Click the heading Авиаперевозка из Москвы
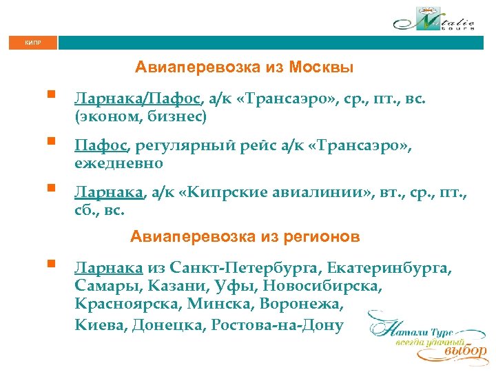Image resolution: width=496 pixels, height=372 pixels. click(245, 68)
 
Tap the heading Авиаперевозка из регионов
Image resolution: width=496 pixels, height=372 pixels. click(245, 238)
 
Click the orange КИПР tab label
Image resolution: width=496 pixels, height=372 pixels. click(32, 43)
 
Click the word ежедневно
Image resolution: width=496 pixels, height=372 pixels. click(119, 163)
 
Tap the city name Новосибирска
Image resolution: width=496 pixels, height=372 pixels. click(325, 286)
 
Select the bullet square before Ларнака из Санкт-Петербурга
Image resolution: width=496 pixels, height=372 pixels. click(50, 263)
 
